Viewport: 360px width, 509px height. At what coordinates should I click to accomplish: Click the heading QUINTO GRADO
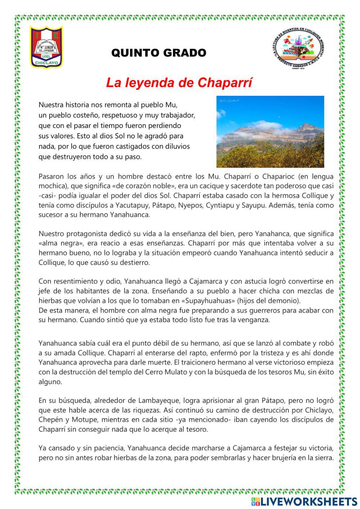click(x=159, y=53)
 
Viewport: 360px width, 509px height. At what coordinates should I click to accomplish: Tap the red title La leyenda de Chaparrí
click(x=179, y=83)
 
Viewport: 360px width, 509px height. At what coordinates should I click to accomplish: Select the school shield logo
click(x=46, y=47)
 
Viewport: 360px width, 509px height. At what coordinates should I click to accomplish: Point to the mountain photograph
click(x=270, y=131)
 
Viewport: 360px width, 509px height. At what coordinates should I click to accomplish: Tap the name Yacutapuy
click(x=132, y=205)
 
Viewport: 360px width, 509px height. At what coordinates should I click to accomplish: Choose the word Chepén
click(x=50, y=420)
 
